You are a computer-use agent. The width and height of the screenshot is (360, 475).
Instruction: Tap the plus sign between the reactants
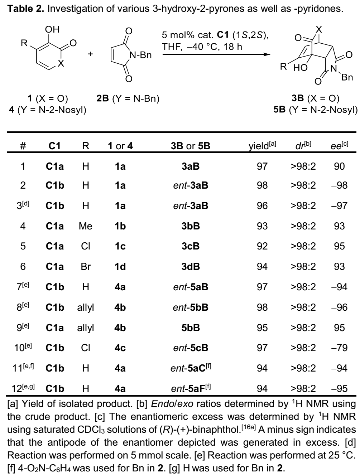(x=90, y=54)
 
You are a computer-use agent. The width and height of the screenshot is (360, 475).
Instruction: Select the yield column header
(x=263, y=146)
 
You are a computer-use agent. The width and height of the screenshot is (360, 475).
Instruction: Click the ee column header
(x=339, y=145)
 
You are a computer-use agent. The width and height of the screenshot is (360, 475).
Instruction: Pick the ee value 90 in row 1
(x=339, y=166)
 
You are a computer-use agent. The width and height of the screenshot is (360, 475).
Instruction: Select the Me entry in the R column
(x=85, y=226)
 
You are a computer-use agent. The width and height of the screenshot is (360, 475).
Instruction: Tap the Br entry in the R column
(x=85, y=267)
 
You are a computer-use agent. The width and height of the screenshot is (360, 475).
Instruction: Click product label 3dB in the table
(x=191, y=267)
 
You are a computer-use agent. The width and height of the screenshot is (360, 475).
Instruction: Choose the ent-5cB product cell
(x=191, y=348)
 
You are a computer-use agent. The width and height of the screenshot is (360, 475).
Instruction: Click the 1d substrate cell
(x=120, y=267)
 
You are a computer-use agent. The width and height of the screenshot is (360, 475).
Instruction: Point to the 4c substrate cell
(x=120, y=348)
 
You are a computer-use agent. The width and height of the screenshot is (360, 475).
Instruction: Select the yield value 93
(x=262, y=226)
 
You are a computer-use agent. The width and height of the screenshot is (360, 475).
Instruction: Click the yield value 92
(x=262, y=246)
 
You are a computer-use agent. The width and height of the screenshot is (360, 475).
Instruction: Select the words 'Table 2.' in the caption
(x=26, y=8)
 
